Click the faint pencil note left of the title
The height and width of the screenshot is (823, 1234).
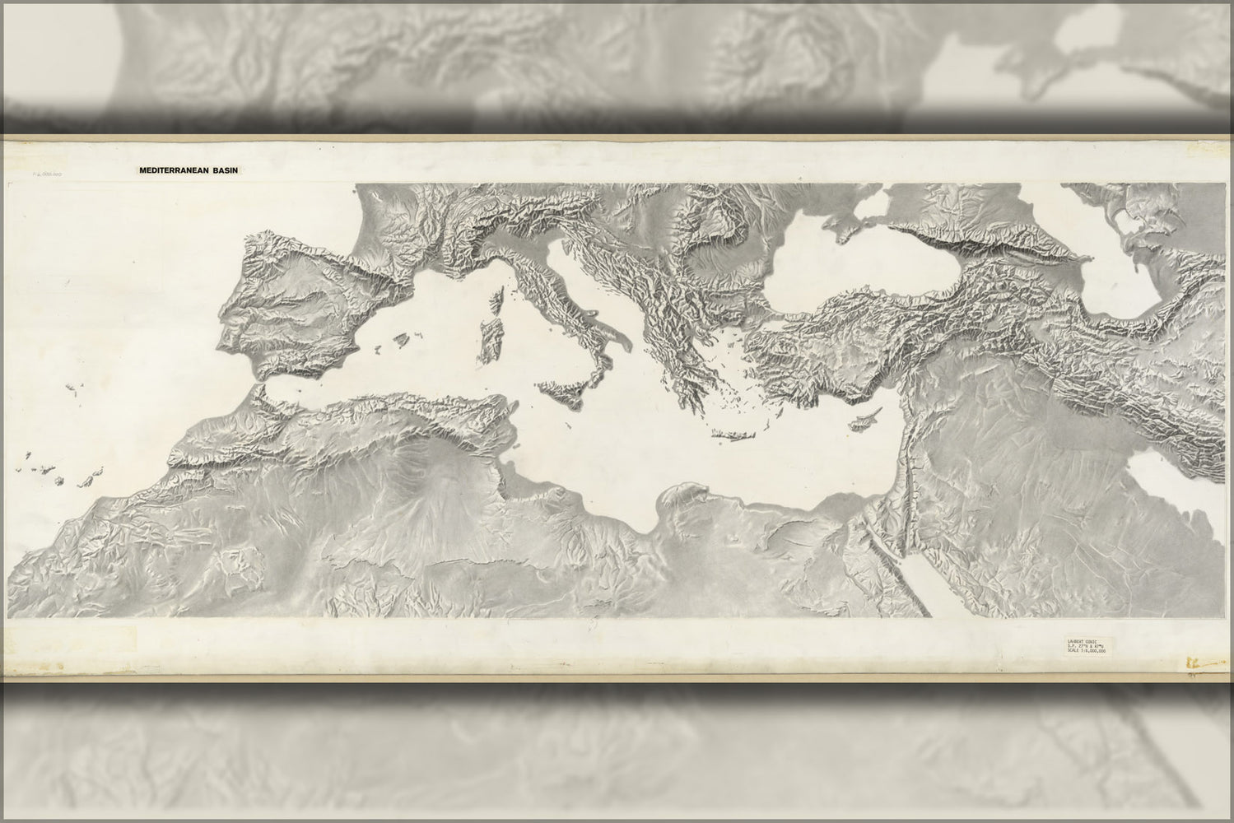point(50,174)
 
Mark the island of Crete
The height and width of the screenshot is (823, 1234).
point(732,435)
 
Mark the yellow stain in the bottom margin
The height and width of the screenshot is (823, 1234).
point(1193,660)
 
